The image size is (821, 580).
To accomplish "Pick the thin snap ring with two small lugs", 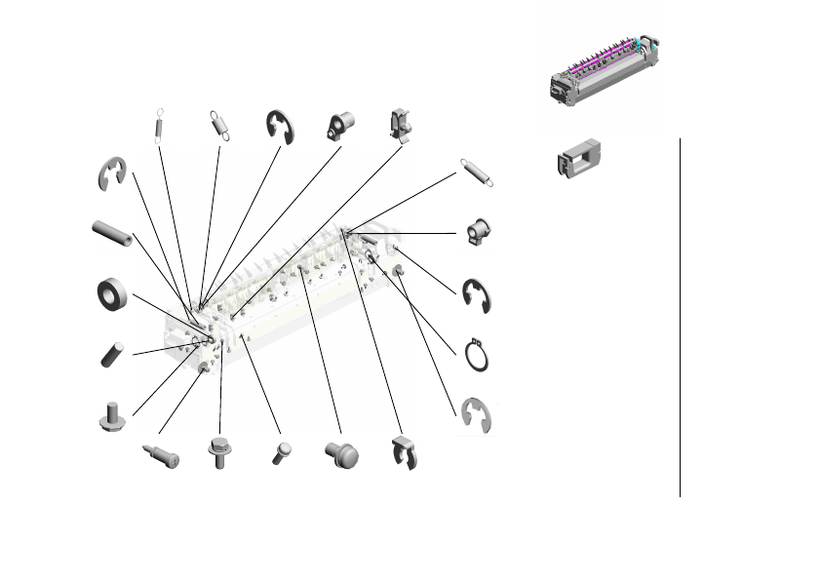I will click(x=476, y=355).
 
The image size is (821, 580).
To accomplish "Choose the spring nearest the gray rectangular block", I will click(x=475, y=172).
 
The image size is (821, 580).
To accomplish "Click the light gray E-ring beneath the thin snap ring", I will click(x=476, y=414).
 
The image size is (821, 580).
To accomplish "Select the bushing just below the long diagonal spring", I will click(x=479, y=233).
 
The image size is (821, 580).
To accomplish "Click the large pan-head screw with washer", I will click(x=342, y=453).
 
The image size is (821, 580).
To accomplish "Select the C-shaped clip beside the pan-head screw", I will click(x=402, y=453).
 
